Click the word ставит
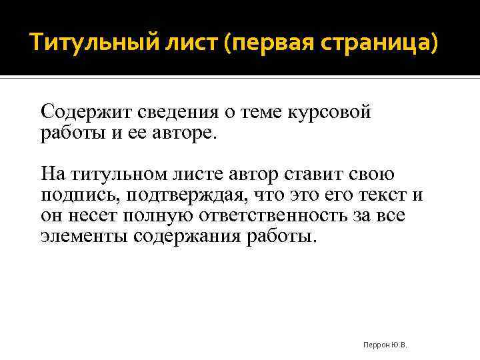[x=315, y=175]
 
